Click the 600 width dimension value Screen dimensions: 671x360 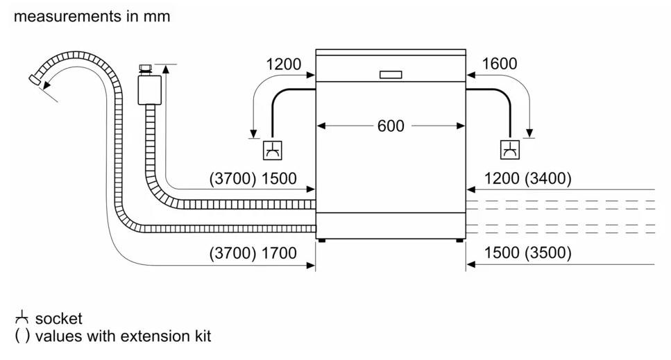(x=391, y=126)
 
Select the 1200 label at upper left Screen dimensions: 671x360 (x=283, y=65)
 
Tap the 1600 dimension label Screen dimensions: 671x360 (x=500, y=64)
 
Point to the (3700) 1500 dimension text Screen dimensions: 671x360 (x=253, y=178)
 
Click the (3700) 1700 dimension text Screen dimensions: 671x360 (x=253, y=253)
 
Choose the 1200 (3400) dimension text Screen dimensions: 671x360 (x=527, y=178)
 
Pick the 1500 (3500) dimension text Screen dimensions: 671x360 (x=527, y=252)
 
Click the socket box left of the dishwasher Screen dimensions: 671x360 (x=273, y=151)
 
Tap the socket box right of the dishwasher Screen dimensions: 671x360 (x=510, y=150)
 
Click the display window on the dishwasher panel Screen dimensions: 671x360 (x=391, y=75)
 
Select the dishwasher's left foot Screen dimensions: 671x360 (x=322, y=241)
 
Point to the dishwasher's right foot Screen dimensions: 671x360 (x=459, y=241)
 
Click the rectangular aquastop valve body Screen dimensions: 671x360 (x=149, y=89)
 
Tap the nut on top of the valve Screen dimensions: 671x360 (x=146, y=67)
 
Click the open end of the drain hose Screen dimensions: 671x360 (x=35, y=80)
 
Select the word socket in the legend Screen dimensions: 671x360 (x=58, y=318)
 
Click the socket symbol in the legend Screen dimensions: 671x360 (x=22, y=318)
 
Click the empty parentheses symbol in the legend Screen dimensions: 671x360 (x=22, y=336)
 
